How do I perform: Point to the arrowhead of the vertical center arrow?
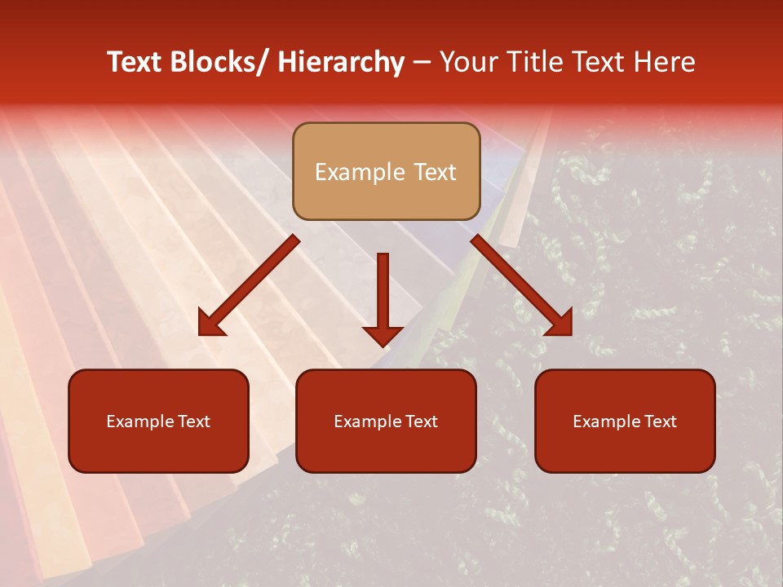click(383, 336)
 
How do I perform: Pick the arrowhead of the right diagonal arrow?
click(560, 324)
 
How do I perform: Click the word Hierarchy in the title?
click(341, 62)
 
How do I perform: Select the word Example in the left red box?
click(141, 421)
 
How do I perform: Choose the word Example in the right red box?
click(608, 421)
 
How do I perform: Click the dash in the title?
click(422, 62)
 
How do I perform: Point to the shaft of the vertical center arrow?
click(383, 285)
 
